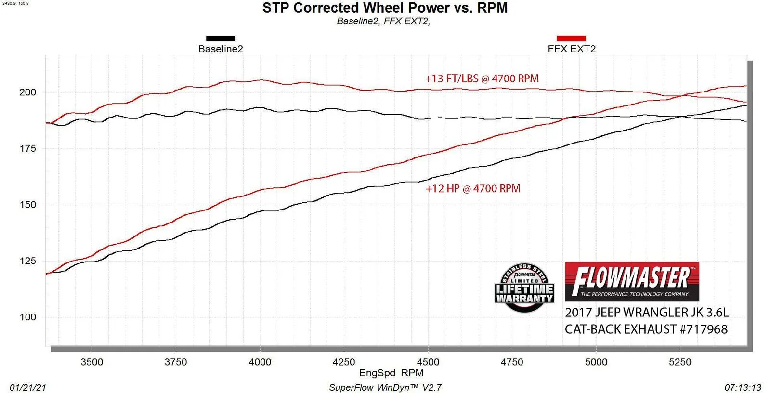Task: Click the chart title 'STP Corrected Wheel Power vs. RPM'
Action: coord(385,8)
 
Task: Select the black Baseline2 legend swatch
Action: coord(221,39)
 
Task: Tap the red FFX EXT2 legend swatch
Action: coord(571,39)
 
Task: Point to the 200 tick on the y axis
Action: coord(27,92)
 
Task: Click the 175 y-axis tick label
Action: coord(27,149)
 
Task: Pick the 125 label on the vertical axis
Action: coord(27,261)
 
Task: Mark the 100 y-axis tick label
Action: coord(27,317)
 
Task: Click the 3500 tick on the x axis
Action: coord(91,362)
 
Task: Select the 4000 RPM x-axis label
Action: coord(260,362)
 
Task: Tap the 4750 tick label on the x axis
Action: coord(511,362)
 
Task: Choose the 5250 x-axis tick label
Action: coord(680,362)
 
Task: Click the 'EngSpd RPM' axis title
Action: coord(391,373)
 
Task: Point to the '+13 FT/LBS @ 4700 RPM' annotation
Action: coord(482,79)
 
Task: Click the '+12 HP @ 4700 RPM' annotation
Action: coord(473,189)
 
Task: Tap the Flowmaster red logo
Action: coord(632,282)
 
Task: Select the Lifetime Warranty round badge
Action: coord(524,288)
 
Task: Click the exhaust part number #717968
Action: coord(704,329)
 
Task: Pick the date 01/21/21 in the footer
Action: coord(28,388)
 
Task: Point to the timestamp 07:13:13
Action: coord(743,388)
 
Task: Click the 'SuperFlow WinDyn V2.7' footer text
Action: coord(385,388)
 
